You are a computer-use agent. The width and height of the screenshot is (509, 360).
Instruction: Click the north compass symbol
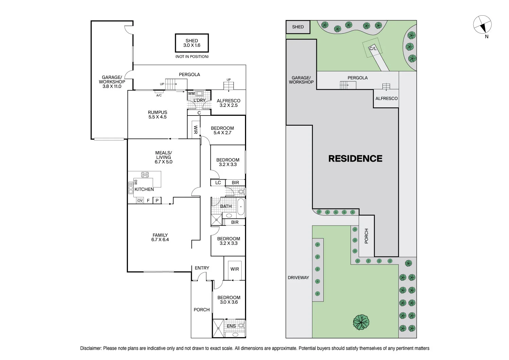(482, 25)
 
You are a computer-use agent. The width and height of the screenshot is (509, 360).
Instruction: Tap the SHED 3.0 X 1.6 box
(192, 43)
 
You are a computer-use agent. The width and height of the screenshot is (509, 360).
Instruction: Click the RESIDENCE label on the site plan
(355, 159)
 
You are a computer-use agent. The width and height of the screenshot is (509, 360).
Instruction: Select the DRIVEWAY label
(298, 277)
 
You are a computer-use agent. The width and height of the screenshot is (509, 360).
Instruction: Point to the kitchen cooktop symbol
(145, 175)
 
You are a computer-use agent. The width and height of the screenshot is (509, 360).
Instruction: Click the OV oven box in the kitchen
(140, 201)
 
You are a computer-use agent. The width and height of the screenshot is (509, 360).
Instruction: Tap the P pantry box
(157, 201)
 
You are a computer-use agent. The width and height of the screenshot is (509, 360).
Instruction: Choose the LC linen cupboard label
(218, 183)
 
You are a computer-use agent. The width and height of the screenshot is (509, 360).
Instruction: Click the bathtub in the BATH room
(241, 206)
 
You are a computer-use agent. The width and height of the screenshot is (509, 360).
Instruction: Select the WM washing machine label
(191, 93)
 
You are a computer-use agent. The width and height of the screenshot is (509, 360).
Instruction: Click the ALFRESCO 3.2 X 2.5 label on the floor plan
(228, 103)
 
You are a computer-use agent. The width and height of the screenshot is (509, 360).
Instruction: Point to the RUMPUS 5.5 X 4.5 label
(157, 114)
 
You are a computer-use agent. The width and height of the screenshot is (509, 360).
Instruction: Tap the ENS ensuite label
(231, 326)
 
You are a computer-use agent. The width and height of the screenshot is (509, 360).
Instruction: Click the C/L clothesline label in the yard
(373, 49)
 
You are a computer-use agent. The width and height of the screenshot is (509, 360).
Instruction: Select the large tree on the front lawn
(361, 322)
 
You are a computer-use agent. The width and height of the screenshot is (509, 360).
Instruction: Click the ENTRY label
(202, 268)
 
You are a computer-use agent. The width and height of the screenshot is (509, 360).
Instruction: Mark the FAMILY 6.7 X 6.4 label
(160, 237)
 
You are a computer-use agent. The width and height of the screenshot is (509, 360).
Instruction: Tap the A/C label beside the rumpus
(159, 95)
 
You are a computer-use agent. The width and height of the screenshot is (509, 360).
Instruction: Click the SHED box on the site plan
(298, 27)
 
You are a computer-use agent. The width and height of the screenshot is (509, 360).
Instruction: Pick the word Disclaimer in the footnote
(91, 348)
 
